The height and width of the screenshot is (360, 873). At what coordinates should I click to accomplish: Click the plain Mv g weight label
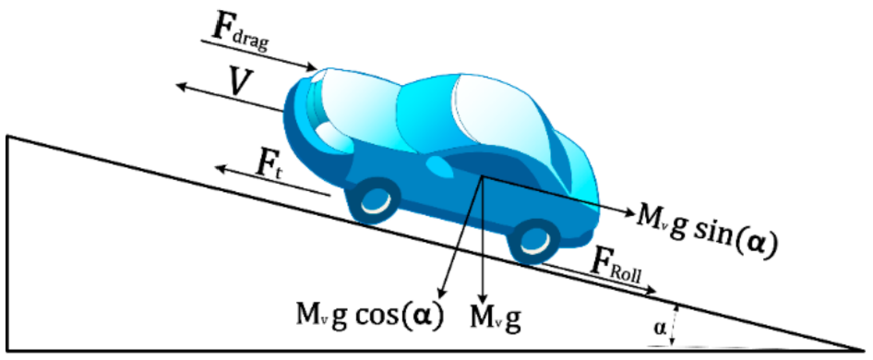click(x=496, y=318)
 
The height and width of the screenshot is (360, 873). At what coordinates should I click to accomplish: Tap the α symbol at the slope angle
click(x=657, y=327)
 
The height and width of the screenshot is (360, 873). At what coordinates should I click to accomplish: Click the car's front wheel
click(x=373, y=198)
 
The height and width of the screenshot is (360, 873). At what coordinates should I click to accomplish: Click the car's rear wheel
click(x=533, y=239)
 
